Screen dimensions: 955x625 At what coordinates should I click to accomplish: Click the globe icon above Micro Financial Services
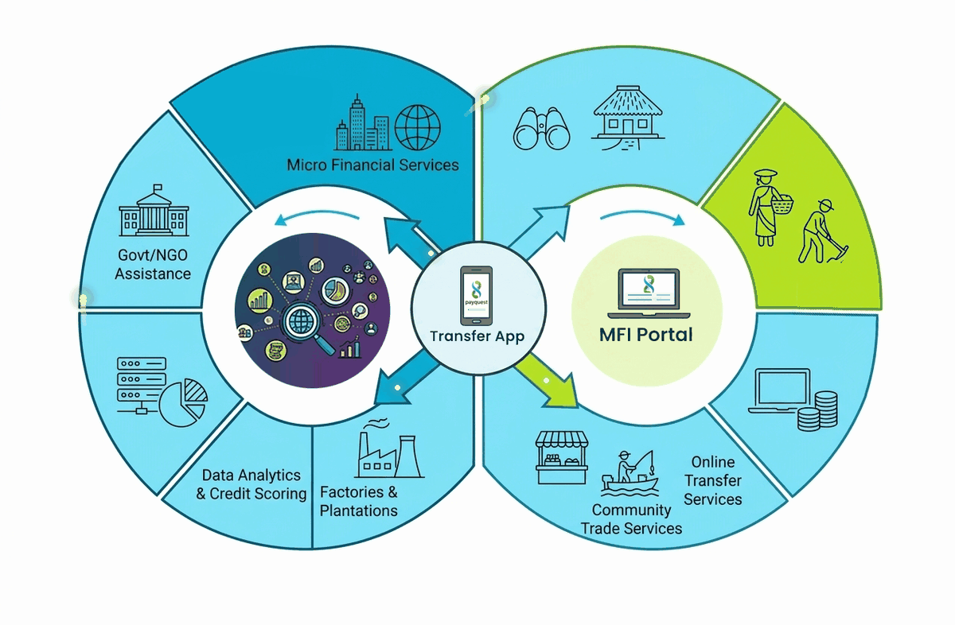click(417, 127)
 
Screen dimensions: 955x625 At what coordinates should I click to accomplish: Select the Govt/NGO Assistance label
click(153, 264)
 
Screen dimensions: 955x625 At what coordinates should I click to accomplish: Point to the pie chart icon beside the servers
click(183, 402)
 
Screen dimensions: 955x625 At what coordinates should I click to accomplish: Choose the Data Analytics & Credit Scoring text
click(251, 484)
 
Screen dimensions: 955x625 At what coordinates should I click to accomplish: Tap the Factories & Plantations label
click(359, 501)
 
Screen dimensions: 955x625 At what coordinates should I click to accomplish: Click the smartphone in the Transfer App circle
click(476, 296)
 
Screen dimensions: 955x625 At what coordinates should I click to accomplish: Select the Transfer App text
click(477, 336)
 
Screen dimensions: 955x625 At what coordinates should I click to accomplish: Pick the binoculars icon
click(541, 128)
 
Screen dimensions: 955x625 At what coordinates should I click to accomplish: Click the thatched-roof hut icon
click(628, 118)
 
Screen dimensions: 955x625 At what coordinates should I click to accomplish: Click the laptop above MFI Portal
click(649, 293)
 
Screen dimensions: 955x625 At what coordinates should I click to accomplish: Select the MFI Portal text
click(646, 335)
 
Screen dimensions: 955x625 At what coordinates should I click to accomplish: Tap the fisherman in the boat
click(630, 473)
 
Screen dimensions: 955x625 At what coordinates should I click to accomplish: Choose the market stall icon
click(562, 457)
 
